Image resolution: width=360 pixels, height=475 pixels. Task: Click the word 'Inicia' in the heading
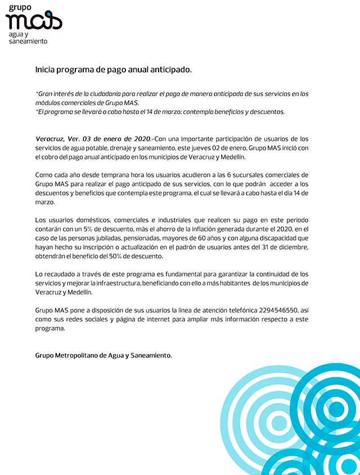46,70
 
